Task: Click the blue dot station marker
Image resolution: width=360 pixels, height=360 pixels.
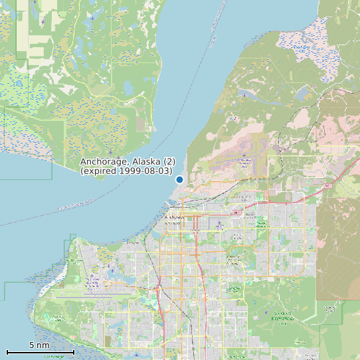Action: pos(179,179)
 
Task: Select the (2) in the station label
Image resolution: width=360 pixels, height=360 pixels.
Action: pos(169,162)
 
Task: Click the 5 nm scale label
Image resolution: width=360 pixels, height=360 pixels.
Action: pos(39,345)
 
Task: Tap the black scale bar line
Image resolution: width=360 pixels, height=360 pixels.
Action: pos(40,351)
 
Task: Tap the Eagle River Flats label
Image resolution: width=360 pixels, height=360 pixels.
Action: pos(302,48)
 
